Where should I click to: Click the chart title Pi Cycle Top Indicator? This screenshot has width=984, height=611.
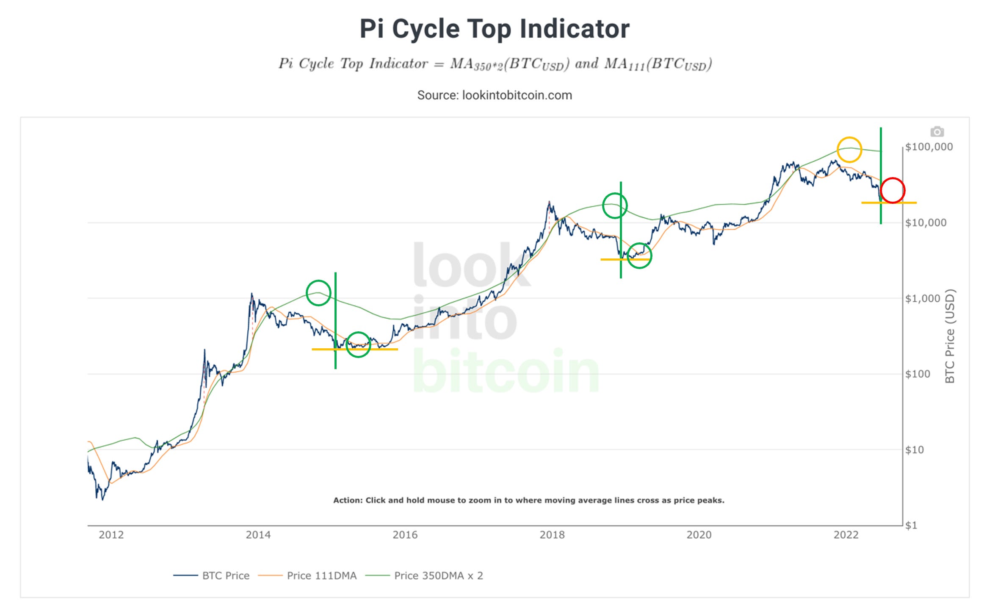click(x=494, y=29)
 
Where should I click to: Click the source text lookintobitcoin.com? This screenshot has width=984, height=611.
click(x=494, y=95)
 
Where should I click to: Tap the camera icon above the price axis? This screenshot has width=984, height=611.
click(x=937, y=132)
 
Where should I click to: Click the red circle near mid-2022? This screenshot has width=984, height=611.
click(x=893, y=190)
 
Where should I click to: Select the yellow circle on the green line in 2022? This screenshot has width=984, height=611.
click(x=849, y=149)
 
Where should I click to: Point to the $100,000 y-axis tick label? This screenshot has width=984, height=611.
click(x=929, y=147)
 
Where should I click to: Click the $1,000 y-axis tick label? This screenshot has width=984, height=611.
click(x=922, y=298)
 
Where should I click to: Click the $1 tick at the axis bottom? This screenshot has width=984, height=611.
click(x=911, y=525)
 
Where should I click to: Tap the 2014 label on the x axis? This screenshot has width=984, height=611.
click(x=258, y=535)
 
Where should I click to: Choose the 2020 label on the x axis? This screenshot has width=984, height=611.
click(x=699, y=535)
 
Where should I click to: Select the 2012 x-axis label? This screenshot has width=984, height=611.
click(x=111, y=535)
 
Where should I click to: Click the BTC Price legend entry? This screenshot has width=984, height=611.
click(x=225, y=575)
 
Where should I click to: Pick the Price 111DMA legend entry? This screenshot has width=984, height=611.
click(x=321, y=575)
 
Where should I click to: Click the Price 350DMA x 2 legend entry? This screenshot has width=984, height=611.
click(x=438, y=575)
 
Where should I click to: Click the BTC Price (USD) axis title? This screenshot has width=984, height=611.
click(x=950, y=336)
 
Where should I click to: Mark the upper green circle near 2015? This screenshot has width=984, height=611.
click(x=318, y=293)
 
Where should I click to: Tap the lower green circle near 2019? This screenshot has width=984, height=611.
click(x=639, y=256)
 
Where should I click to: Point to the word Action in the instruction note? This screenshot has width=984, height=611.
click(x=347, y=500)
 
